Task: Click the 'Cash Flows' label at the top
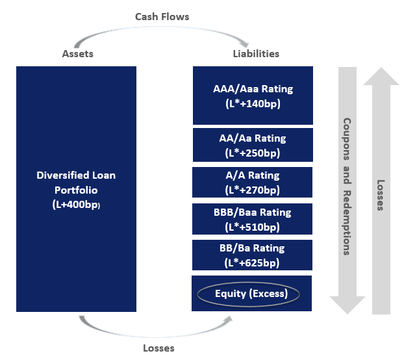coord(162,16)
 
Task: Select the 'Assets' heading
coord(77,54)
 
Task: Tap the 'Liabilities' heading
coord(256,54)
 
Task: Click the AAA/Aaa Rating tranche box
coord(253,95)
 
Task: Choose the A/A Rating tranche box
coord(253,182)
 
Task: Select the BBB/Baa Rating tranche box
coord(253,219)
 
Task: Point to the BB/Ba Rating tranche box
coord(253,255)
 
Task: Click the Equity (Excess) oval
coord(249,294)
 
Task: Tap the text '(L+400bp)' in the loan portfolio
coord(77,205)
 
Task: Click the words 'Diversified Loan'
coord(77,175)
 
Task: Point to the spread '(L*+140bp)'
coord(253,103)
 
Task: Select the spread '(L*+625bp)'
coord(253,263)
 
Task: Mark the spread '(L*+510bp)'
coord(253,227)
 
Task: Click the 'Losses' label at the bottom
coord(158,348)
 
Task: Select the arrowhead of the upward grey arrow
coord(381,76)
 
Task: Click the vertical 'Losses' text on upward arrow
coord(381,195)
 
